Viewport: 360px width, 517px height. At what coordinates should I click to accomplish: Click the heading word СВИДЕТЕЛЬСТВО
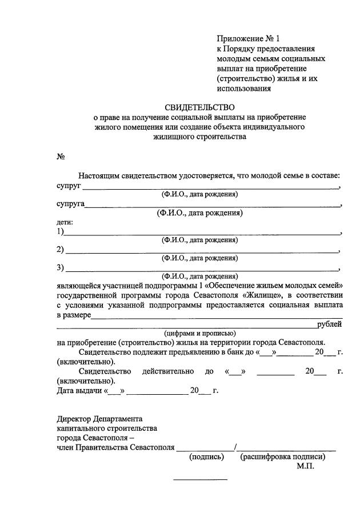coord(200,107)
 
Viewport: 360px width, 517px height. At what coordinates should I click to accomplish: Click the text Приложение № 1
coord(249,39)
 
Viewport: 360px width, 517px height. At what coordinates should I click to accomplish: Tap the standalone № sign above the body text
coord(60,157)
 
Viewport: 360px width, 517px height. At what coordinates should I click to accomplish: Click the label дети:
coord(65,222)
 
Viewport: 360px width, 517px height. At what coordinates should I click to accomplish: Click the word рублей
coord(330,324)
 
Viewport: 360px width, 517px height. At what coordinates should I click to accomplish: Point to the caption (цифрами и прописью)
coord(199,334)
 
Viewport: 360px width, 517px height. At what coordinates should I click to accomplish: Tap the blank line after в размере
coord(217,316)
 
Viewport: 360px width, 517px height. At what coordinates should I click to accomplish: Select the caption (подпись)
coord(206,457)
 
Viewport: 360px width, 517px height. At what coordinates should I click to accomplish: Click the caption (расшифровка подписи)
coord(283,457)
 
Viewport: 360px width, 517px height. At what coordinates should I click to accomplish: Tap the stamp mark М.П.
coord(305,466)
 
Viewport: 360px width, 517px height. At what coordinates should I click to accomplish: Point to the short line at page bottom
coord(200,479)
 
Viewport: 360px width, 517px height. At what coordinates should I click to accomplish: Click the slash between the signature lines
coord(235,447)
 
